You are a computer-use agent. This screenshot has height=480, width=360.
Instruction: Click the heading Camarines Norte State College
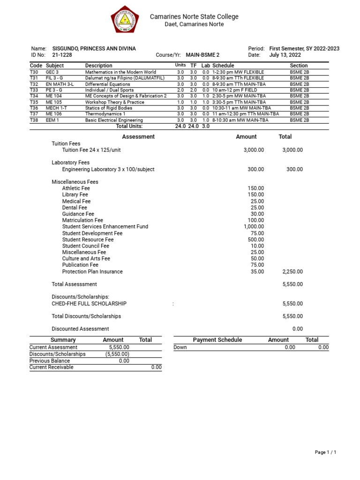194,16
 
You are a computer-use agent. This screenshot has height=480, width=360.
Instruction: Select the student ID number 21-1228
62,55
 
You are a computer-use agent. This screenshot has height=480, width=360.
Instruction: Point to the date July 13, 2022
285,55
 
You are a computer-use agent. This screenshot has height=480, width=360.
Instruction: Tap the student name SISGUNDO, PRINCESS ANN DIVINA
94,49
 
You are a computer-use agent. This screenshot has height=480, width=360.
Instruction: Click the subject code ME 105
53,102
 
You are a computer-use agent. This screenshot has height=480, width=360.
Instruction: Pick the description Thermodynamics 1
105,114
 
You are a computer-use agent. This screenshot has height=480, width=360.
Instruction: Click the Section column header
299,66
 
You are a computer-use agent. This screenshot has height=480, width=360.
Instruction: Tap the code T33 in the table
34,90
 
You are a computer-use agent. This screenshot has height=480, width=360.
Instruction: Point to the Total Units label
129,126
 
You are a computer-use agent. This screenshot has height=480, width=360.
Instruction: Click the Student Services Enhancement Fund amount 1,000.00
254,226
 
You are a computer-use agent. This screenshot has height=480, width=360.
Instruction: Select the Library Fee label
75,195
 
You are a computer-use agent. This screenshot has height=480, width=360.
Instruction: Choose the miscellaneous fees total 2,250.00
292,271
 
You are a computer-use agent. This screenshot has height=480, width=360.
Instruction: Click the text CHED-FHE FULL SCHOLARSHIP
89,304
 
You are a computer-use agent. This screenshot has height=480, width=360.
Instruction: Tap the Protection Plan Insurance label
92,271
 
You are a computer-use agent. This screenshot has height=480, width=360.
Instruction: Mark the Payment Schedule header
217,340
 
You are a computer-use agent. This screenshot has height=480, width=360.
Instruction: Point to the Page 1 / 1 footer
325,452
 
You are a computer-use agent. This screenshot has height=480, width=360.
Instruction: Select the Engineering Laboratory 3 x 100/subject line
108,169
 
